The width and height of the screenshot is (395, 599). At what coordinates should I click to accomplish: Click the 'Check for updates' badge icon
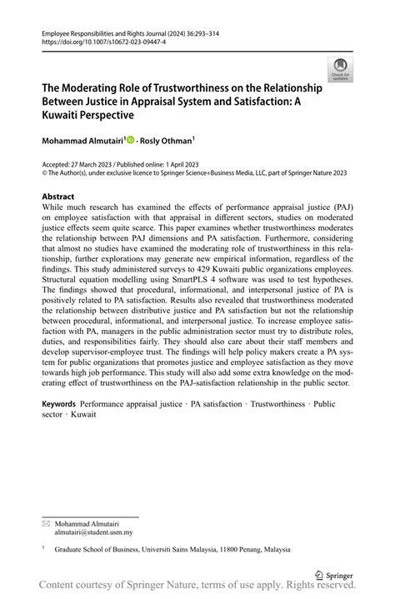coord(340,70)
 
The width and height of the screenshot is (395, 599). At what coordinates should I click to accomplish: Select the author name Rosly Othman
coord(171,141)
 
